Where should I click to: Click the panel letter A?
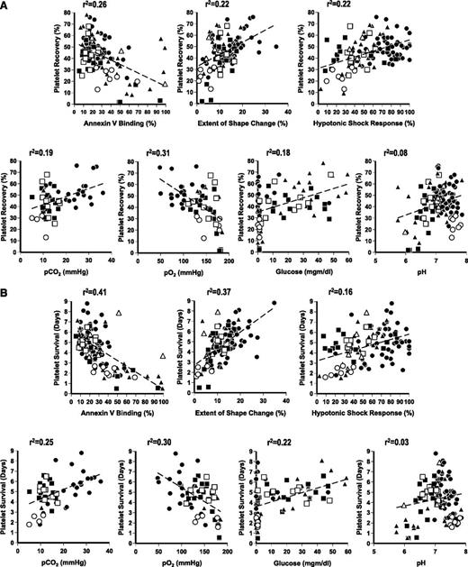[x=6, y=7]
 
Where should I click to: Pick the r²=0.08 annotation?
[x=389, y=151]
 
